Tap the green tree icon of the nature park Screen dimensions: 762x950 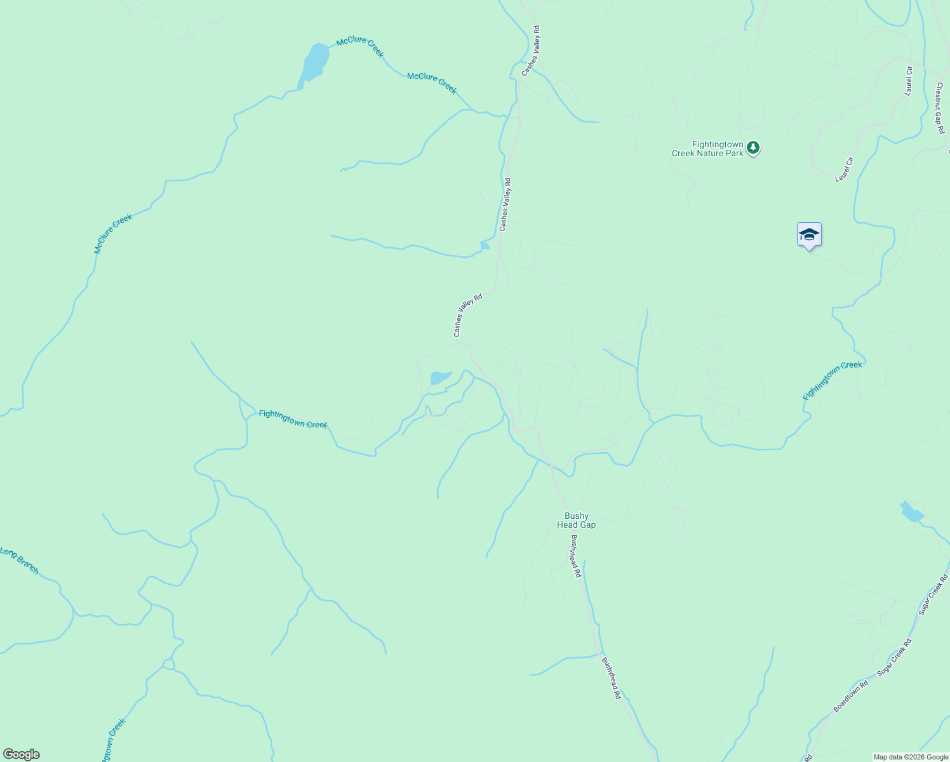point(753,148)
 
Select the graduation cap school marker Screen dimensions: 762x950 point(809,236)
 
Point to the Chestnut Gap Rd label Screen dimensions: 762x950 point(939,108)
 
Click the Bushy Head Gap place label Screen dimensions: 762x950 point(577,521)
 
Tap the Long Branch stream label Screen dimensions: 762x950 point(20,561)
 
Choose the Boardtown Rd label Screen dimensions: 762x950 point(851,696)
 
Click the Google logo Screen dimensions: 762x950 point(22,754)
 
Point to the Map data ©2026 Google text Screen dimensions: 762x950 point(911,757)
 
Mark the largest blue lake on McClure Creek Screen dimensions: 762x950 point(314,63)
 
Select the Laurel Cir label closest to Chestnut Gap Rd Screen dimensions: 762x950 point(909,81)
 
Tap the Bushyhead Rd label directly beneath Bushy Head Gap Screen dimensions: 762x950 point(575,556)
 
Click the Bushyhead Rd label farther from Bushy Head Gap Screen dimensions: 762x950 point(611,678)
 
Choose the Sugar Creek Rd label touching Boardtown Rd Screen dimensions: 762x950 point(894,657)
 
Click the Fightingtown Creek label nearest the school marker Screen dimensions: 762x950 point(833,380)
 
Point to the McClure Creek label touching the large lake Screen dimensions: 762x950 point(360,46)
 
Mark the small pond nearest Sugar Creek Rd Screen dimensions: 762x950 point(912,512)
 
